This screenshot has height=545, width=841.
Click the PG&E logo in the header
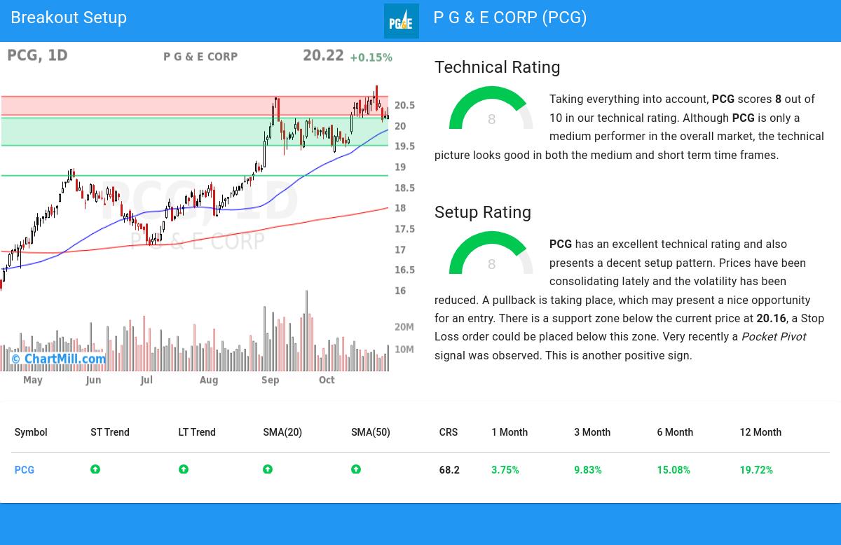(x=401, y=21)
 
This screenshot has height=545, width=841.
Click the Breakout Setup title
(x=69, y=18)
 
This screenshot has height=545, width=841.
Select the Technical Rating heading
(x=497, y=67)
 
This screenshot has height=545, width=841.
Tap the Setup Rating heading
(x=482, y=212)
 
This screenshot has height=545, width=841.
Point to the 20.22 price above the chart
(x=323, y=56)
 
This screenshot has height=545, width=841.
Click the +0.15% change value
(x=371, y=57)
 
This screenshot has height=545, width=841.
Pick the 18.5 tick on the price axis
(x=404, y=188)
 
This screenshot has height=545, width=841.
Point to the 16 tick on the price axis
(x=400, y=291)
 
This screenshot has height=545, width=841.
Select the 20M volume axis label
(x=404, y=327)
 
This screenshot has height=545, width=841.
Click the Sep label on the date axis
(x=270, y=380)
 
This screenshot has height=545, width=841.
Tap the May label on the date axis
(x=33, y=380)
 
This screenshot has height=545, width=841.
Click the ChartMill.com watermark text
(x=59, y=359)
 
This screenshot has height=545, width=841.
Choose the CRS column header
(x=449, y=432)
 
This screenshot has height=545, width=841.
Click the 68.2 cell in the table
(x=449, y=470)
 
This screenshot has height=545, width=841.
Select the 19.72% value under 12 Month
(x=756, y=470)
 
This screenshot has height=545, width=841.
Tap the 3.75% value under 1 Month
(x=505, y=470)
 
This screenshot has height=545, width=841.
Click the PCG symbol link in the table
(x=25, y=470)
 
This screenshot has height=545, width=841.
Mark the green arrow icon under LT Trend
(x=184, y=469)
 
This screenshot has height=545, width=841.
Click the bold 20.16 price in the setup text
(x=771, y=318)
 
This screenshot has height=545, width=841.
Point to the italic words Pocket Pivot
(x=774, y=336)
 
